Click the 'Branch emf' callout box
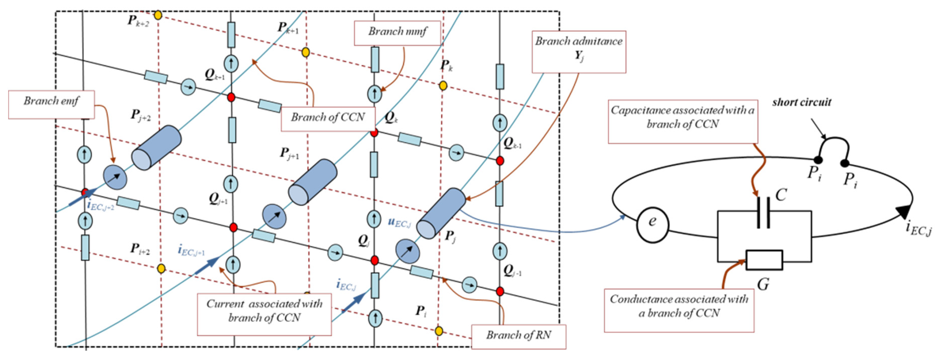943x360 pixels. [51, 104]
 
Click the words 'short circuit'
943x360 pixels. [802, 102]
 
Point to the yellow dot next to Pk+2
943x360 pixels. [158, 15]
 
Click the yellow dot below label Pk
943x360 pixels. [443, 86]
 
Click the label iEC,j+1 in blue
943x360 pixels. [191, 251]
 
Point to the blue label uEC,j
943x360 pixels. [399, 223]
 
